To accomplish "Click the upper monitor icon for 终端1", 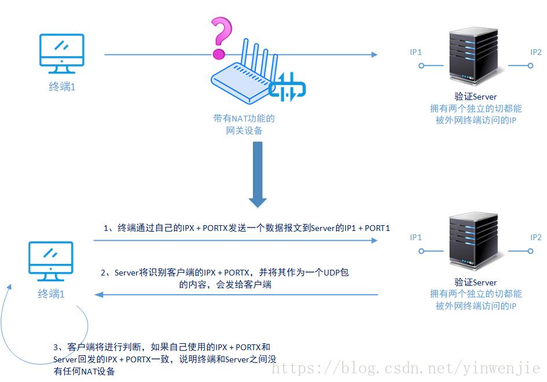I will coord(61,53).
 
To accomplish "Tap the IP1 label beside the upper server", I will coord(416,52).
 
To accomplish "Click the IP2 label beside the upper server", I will coord(536,52).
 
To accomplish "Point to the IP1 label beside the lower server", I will coord(416,237).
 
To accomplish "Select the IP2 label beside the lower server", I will coord(536,237).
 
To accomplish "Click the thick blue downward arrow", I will coord(258,174).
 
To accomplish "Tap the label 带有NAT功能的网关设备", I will coord(244,124).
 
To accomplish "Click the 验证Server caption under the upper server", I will coord(476,97).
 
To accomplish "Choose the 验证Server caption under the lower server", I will coord(476,282).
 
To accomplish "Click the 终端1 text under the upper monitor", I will coord(62,87).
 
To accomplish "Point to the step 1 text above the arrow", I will coord(247,228).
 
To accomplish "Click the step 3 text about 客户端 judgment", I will coord(162,359).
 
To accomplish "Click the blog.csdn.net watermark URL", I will coord(405,368).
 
